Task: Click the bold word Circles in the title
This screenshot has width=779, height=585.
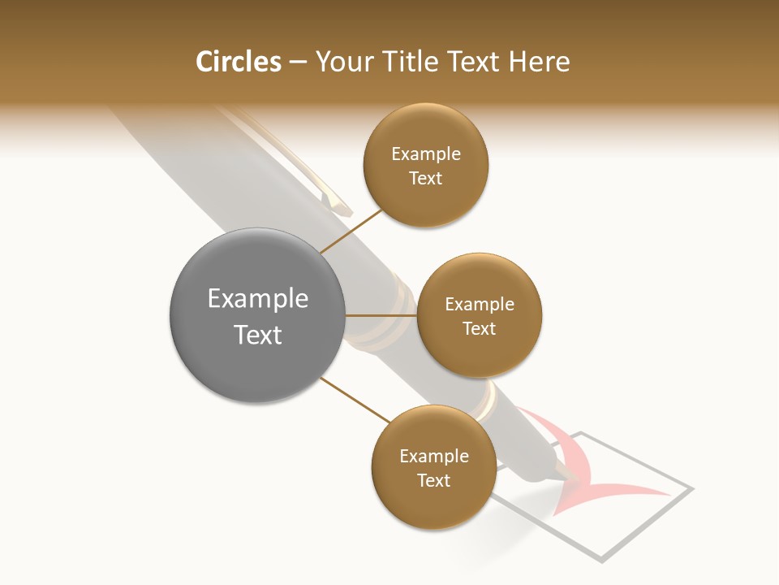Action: (238, 62)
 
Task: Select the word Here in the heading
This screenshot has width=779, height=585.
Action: (540, 62)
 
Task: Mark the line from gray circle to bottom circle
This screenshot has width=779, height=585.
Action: (354, 400)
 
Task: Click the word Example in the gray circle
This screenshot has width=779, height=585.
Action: (258, 298)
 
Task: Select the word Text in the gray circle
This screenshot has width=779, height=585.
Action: (258, 335)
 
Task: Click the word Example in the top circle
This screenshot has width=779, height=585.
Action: (426, 154)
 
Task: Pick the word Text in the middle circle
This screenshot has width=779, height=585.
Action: (479, 328)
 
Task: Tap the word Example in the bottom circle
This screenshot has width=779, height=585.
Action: (434, 456)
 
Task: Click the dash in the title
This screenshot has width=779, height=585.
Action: (298, 63)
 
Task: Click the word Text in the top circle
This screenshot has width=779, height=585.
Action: (426, 178)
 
